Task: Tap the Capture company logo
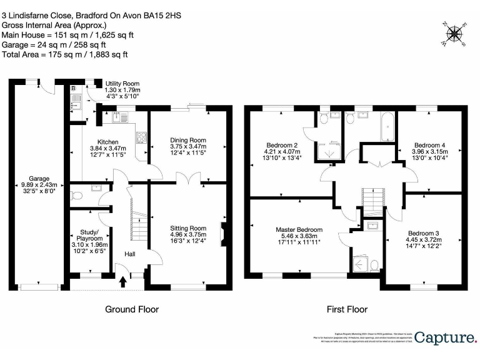pyautogui.click(x=444, y=338)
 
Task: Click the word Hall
pyautogui.click(x=129, y=254)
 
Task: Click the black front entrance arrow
pyautogui.click(x=122, y=282)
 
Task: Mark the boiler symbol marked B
pyautogui.click(x=73, y=89)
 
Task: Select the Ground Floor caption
pyautogui.click(x=131, y=309)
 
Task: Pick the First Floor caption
pyautogui.click(x=347, y=309)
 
